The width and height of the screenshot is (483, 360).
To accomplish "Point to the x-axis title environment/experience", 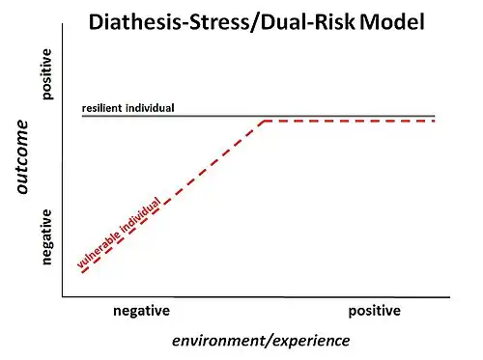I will coord(261,341).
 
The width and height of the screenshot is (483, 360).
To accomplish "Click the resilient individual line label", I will coord(128,107).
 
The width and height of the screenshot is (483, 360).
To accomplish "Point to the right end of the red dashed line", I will coord(435,122).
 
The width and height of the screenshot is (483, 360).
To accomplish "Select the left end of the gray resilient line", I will coord(82,115).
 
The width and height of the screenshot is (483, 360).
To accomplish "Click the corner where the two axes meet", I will coord(63,296).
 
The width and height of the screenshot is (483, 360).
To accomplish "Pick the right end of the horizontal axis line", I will coord(449,296).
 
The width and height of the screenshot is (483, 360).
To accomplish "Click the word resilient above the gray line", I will coord(104,107).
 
